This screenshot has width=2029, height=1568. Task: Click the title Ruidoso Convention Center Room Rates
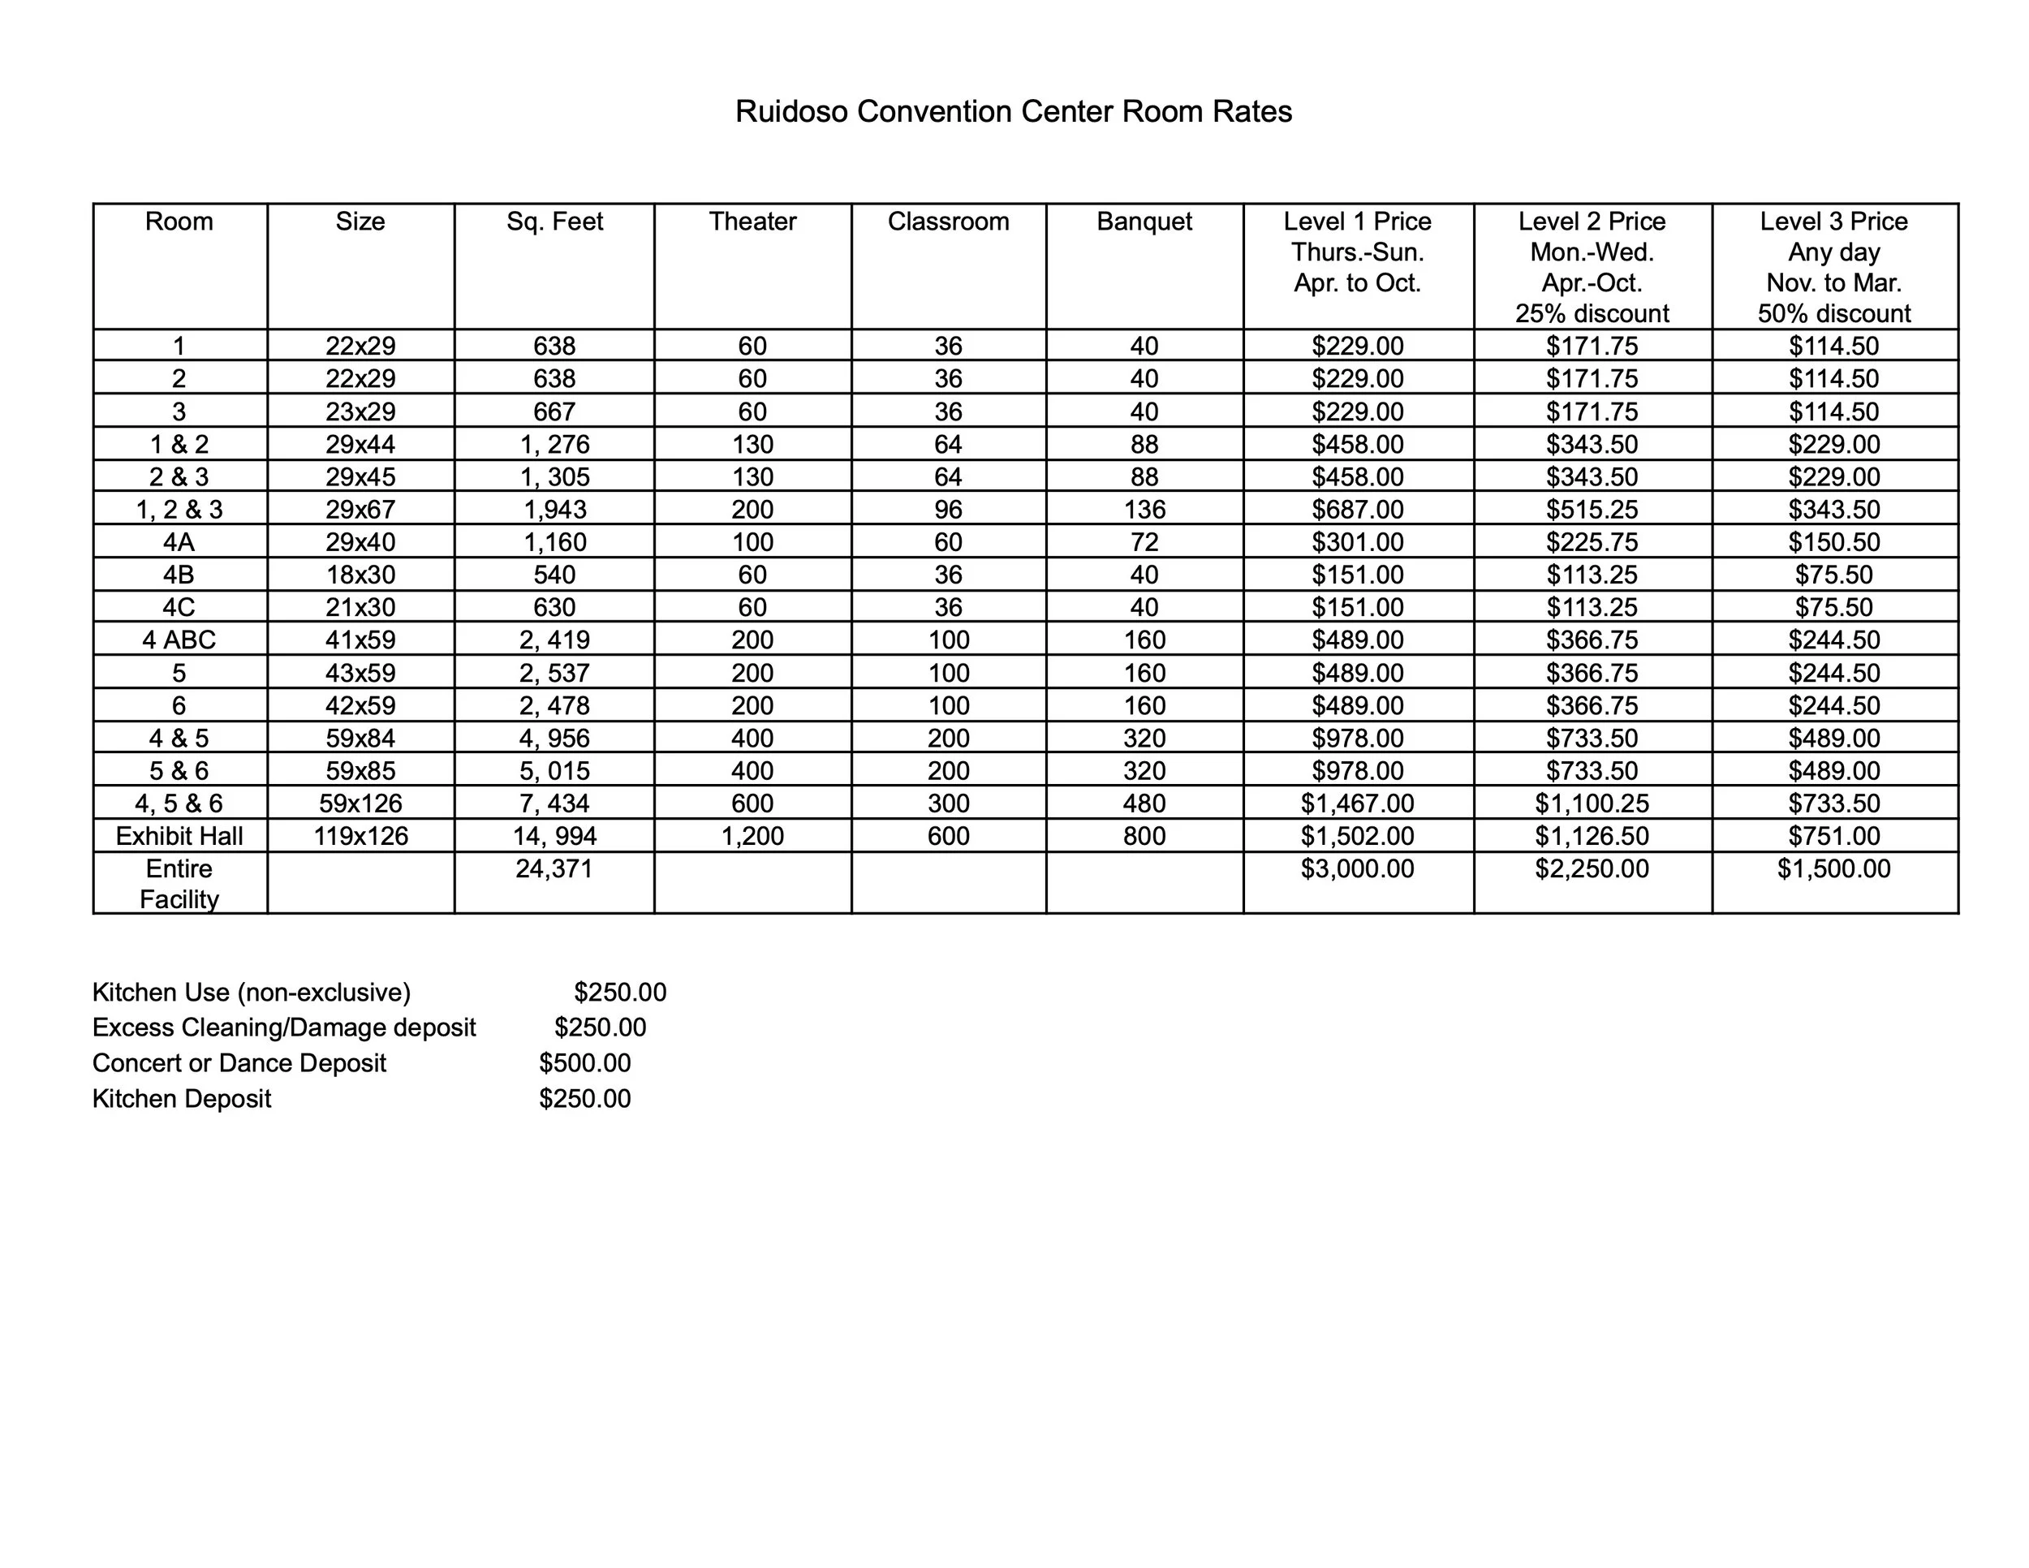1013,111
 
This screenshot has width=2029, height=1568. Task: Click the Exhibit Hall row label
179,836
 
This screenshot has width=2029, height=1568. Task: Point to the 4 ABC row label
179,640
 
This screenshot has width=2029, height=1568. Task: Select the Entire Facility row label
179,883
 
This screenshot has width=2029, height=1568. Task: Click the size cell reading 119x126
360,836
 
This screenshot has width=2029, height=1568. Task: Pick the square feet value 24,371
554,868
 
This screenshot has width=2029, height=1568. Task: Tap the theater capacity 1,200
752,836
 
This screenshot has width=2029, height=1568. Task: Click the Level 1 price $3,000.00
1357,868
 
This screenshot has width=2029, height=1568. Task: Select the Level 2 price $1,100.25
1592,803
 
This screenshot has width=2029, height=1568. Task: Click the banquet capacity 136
1144,509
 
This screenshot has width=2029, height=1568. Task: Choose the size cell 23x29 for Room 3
360,411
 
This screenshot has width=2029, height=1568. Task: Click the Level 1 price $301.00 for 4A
1357,541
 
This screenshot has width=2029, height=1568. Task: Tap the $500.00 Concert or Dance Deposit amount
584,1062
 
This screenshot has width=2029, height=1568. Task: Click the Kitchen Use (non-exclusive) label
251,992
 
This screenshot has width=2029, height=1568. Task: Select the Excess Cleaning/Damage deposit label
283,1027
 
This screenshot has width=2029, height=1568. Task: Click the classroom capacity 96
948,509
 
